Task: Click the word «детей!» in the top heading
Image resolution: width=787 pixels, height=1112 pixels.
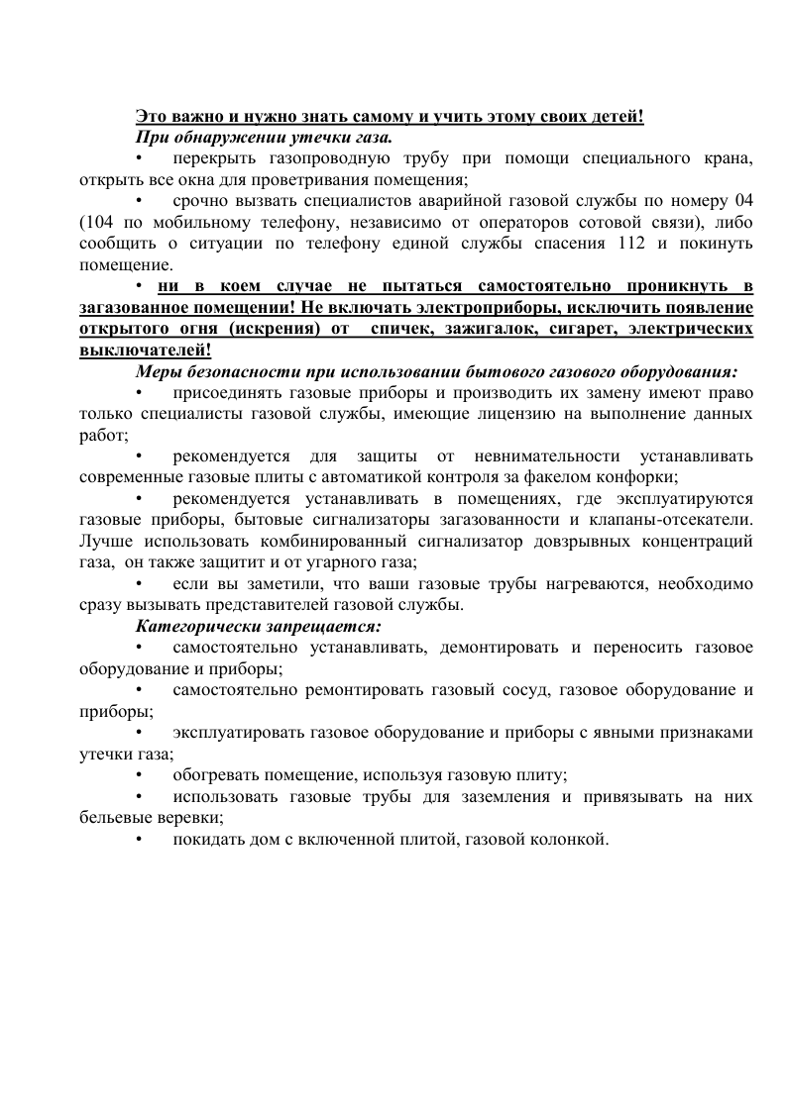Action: point(618,117)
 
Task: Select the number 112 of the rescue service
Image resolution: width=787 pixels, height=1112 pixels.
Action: point(608,245)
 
